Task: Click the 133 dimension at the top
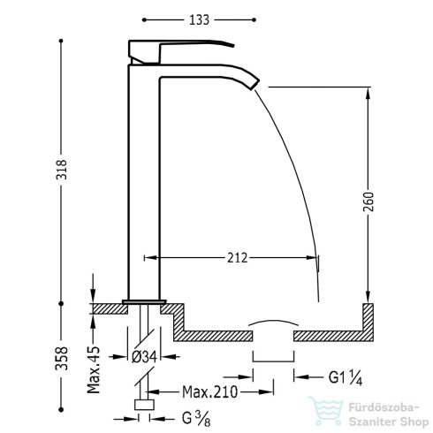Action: (199, 20)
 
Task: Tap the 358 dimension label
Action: (62, 359)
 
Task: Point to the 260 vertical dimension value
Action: (368, 201)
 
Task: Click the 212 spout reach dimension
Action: (238, 258)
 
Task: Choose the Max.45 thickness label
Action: (94, 370)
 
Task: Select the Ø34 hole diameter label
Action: (145, 357)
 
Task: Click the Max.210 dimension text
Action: (209, 391)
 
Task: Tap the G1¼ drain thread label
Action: (346, 377)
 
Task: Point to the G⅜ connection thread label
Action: (196, 418)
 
